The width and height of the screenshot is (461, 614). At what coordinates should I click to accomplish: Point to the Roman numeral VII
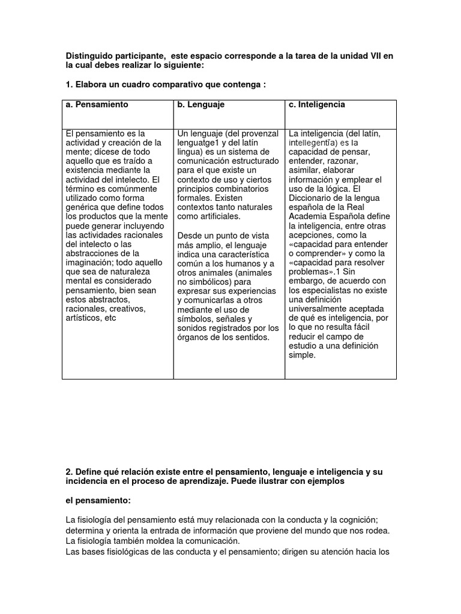tap(373, 56)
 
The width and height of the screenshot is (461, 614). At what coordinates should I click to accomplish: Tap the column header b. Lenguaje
tap(200, 104)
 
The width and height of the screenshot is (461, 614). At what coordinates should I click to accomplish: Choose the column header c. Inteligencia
tap(317, 104)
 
